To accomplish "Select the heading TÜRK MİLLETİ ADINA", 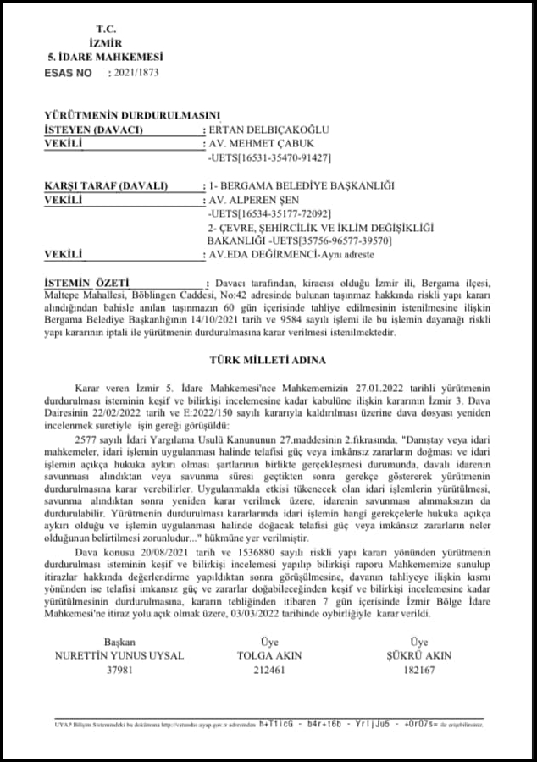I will (x=268, y=360).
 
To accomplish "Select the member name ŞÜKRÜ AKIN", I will (x=419, y=655).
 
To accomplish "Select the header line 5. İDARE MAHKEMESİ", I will (x=106, y=58).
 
